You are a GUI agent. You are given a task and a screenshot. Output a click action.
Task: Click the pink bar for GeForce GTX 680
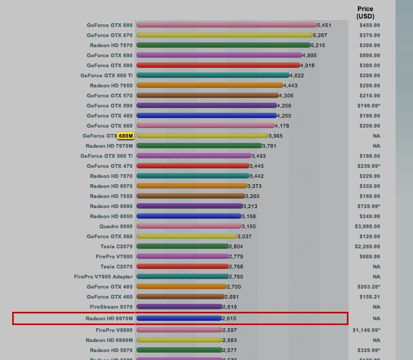pyautogui.click(x=226, y=25)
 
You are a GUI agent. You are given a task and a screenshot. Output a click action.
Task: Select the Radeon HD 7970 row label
pyautogui.click(x=111, y=46)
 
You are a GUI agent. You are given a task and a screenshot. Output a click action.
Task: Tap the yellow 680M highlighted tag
pyautogui.click(x=126, y=136)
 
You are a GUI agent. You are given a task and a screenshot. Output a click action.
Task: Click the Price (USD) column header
pyautogui.click(x=365, y=12)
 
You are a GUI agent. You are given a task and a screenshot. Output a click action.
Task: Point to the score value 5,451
pyautogui.click(x=324, y=25)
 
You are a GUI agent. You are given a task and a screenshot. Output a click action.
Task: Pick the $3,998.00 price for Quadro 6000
pyautogui.click(x=367, y=227)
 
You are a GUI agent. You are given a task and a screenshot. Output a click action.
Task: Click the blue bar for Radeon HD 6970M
pyautogui.click(x=179, y=319)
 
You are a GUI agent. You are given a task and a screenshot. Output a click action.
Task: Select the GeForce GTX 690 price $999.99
pyautogui.click(x=369, y=56)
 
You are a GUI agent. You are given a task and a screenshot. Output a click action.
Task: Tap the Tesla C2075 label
pyautogui.click(x=116, y=247)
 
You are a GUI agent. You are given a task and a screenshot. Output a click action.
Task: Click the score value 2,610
pyautogui.click(x=229, y=319)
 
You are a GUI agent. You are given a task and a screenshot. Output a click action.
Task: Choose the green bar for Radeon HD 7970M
pyautogui.click(x=199, y=146)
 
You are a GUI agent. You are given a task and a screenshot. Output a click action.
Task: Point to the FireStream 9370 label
pyautogui.click(x=111, y=307)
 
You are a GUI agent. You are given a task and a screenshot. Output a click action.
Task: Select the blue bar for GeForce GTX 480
pyautogui.click(x=206, y=116)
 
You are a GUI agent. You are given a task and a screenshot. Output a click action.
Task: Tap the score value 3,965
pyautogui.click(x=276, y=136)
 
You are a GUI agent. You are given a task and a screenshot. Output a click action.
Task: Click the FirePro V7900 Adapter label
pyautogui.click(x=104, y=277)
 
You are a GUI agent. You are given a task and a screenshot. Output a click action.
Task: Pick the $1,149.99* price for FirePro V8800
pyautogui.click(x=366, y=330)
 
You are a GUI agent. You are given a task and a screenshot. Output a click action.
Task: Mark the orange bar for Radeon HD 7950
pyautogui.click(x=209, y=86)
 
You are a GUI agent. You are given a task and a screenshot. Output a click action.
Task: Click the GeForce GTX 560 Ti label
pyautogui.click(x=106, y=156)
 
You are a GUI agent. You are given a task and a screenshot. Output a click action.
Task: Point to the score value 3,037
pyautogui.click(x=244, y=237)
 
